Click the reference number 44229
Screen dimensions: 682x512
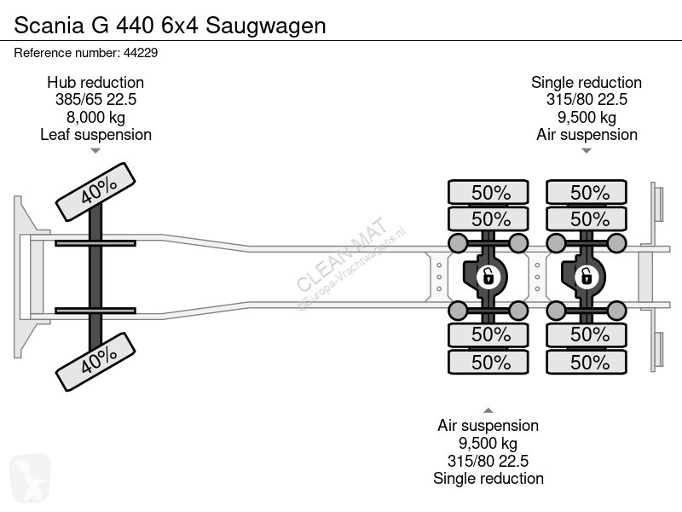point(141,53)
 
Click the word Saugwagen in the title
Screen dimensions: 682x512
point(266,26)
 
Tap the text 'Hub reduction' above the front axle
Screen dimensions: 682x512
point(95,82)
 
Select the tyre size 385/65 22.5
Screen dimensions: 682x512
point(95,100)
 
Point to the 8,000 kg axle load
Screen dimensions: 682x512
point(95,117)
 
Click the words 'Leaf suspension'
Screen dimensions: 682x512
point(95,135)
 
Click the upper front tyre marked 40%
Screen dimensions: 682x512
point(95,192)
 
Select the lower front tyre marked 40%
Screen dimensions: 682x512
point(95,362)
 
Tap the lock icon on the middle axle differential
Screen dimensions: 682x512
point(488,276)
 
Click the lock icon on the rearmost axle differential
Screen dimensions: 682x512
point(587,276)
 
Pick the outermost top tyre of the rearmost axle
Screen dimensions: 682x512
point(587,192)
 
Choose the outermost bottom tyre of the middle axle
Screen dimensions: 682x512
point(488,362)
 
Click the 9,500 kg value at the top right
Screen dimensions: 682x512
point(587,117)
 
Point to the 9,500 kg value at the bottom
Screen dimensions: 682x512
point(488,443)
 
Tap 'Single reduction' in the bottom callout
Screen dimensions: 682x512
point(488,479)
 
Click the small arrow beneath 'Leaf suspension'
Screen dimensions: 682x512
point(95,151)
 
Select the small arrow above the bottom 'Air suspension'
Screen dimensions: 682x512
point(488,410)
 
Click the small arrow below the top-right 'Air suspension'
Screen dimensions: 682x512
point(587,151)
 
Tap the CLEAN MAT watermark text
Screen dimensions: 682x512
point(342,253)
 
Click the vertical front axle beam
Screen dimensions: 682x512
point(95,276)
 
